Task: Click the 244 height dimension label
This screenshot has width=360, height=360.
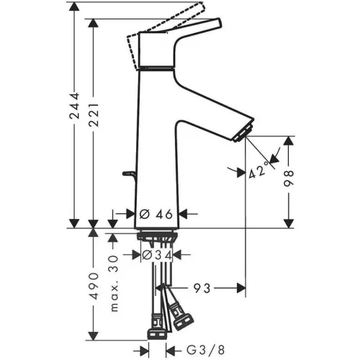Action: [74, 106]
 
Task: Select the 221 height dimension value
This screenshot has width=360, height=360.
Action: [94, 115]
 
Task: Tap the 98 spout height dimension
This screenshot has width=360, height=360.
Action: [289, 179]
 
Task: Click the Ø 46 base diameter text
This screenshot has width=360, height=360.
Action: [156, 214]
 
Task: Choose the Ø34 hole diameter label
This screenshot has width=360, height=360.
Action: [157, 255]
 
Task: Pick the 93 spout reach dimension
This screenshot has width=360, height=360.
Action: [202, 288]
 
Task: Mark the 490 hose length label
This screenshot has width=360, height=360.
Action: [94, 286]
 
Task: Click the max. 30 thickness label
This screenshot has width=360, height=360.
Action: [114, 283]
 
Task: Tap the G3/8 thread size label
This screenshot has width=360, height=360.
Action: [206, 350]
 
